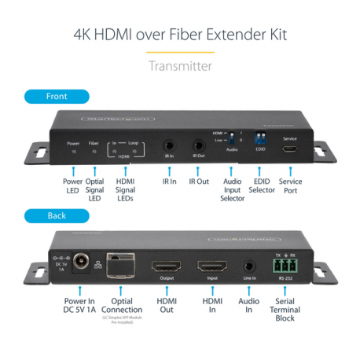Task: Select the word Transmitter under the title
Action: pyautogui.click(x=180, y=66)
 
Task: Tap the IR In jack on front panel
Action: pyautogui.click(x=168, y=145)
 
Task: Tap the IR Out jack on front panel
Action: pyautogui.click(x=198, y=145)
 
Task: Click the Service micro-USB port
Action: pyautogui.click(x=291, y=149)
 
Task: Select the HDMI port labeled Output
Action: pyautogui.click(x=166, y=267)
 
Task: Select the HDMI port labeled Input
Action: pyautogui.click(x=211, y=267)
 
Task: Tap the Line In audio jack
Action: pyautogui.click(x=251, y=267)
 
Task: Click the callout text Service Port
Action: pyautogui.click(x=290, y=186)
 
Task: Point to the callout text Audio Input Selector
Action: pyautogui.click(x=232, y=189)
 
